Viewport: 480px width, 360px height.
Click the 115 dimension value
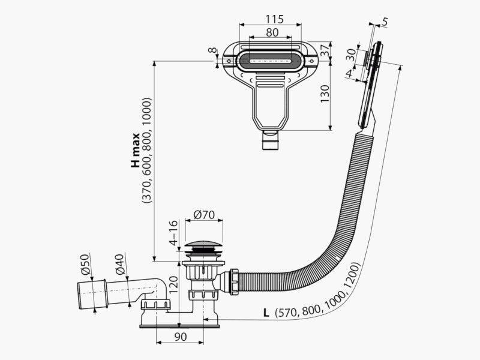point(275,19)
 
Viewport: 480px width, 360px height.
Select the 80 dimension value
point(272,32)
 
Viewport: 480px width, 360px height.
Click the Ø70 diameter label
point(205,215)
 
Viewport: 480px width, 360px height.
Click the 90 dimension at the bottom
point(181,337)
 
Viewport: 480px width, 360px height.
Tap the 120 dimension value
point(173,284)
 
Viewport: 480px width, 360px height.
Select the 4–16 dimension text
point(173,233)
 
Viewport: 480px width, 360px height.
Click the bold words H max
point(136,150)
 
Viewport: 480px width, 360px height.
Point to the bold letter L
point(266,313)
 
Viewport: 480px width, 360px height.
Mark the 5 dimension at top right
point(385,22)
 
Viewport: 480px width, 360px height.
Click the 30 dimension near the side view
point(352,55)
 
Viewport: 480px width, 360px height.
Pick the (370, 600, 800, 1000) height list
point(147,150)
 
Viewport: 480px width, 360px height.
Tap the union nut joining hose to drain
point(234,281)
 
